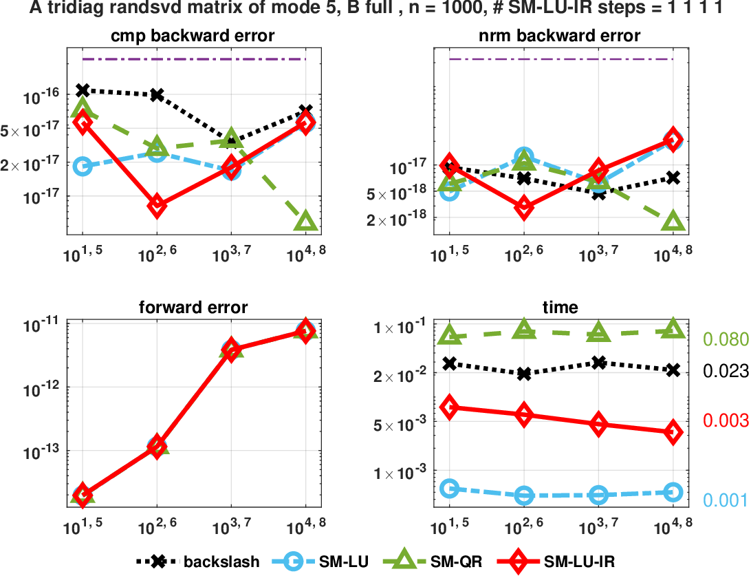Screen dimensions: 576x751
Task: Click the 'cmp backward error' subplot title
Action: (194, 36)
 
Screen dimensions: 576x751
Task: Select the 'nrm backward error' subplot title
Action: (560, 36)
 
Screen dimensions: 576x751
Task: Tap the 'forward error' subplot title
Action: (194, 308)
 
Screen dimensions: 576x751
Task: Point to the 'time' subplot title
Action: (560, 308)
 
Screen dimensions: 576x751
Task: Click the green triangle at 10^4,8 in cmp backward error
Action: (305, 221)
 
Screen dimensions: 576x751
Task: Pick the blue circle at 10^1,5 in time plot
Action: (450, 489)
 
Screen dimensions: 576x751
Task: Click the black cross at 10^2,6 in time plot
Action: (524, 374)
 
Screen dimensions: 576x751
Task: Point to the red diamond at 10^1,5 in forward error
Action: (83, 495)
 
